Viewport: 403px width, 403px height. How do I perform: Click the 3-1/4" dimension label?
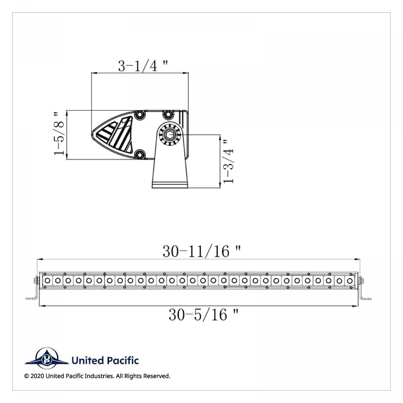click(143, 66)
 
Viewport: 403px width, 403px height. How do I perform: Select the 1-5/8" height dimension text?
click(59, 134)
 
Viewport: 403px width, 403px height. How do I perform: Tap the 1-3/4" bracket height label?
click(228, 162)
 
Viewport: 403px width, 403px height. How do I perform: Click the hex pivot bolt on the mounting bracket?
click(169, 134)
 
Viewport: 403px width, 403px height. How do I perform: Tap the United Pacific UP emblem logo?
click(47, 359)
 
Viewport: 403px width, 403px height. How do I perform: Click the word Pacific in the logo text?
click(123, 361)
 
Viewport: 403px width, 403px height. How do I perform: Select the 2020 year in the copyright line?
click(37, 376)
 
